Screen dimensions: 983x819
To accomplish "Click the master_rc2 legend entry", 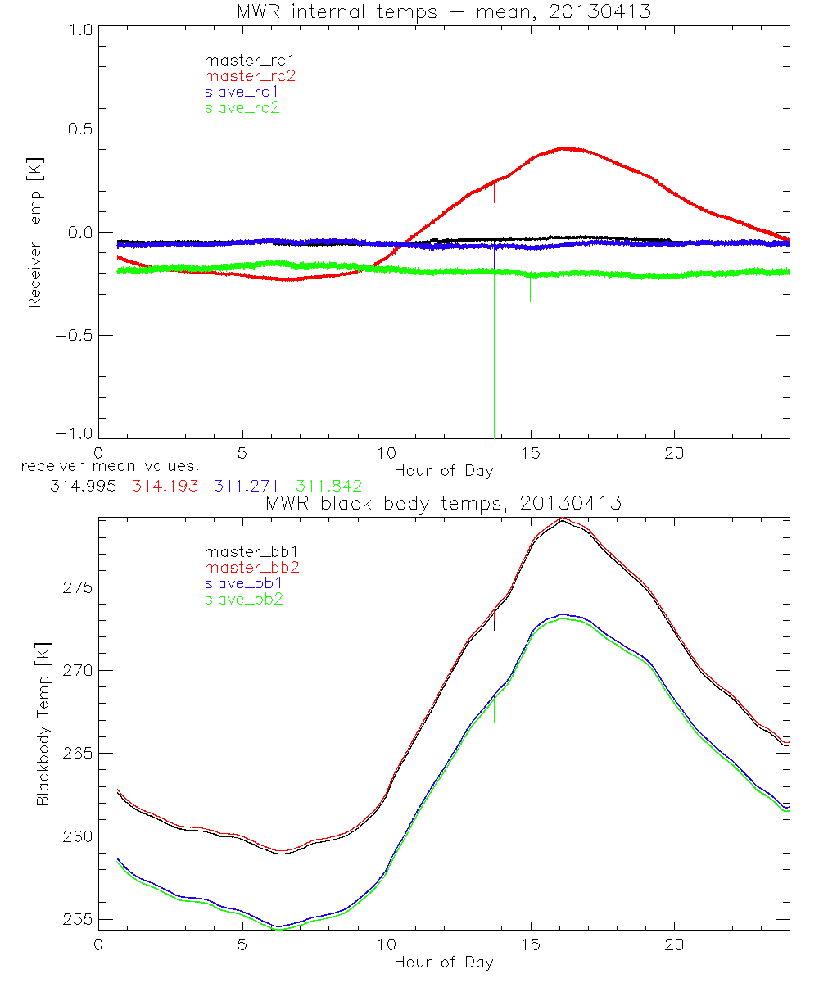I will click(250, 75).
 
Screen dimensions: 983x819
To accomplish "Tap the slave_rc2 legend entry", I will click(242, 107).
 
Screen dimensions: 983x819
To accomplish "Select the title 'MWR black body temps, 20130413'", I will click(443, 503).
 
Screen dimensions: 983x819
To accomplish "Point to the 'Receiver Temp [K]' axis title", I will click(34, 233).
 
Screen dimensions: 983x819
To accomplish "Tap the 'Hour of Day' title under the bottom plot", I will click(444, 963).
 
